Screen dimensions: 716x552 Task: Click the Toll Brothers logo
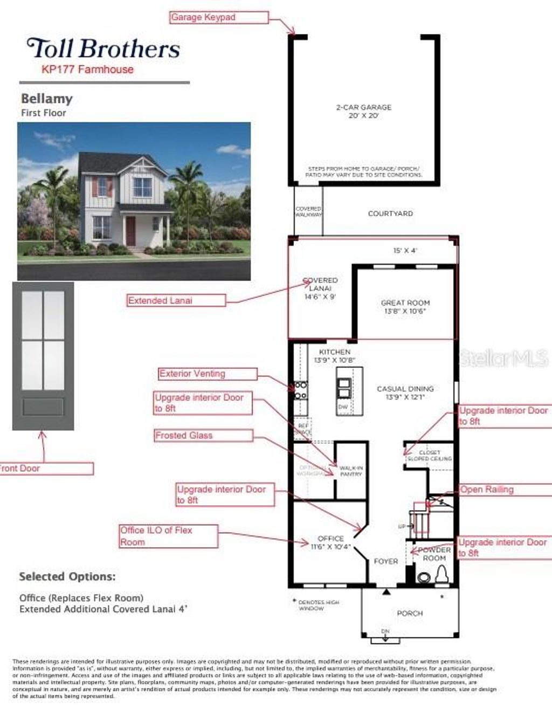tap(103, 49)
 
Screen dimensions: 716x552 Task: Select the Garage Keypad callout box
tap(219, 18)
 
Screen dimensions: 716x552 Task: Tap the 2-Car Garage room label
tap(364, 111)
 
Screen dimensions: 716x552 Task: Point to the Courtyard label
tap(390, 214)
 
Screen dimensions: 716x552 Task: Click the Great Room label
tap(405, 307)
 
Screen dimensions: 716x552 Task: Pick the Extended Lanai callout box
tap(176, 301)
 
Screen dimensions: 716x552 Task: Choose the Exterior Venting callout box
tap(208, 374)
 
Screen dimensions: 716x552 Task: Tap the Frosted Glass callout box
tap(203, 436)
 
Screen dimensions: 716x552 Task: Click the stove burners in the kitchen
tap(301, 390)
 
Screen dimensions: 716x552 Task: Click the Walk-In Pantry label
tap(351, 471)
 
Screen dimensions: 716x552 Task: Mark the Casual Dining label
tap(405, 393)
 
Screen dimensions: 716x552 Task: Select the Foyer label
tap(386, 561)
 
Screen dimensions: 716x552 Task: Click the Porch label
tap(410, 613)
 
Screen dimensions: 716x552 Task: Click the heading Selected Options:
tap(67, 576)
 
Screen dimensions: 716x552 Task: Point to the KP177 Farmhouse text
tap(87, 69)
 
